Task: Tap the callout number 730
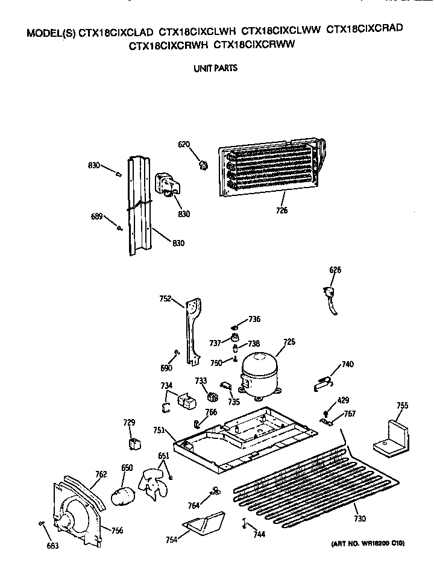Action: click(360, 519)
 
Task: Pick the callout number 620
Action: click(184, 144)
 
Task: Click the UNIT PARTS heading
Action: click(216, 68)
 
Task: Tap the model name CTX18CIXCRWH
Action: click(169, 46)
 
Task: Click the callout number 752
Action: click(165, 298)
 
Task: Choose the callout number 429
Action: click(343, 400)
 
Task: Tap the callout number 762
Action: click(101, 475)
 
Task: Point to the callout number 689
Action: click(96, 216)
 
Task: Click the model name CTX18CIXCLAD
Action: click(116, 33)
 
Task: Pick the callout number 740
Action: click(348, 364)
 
